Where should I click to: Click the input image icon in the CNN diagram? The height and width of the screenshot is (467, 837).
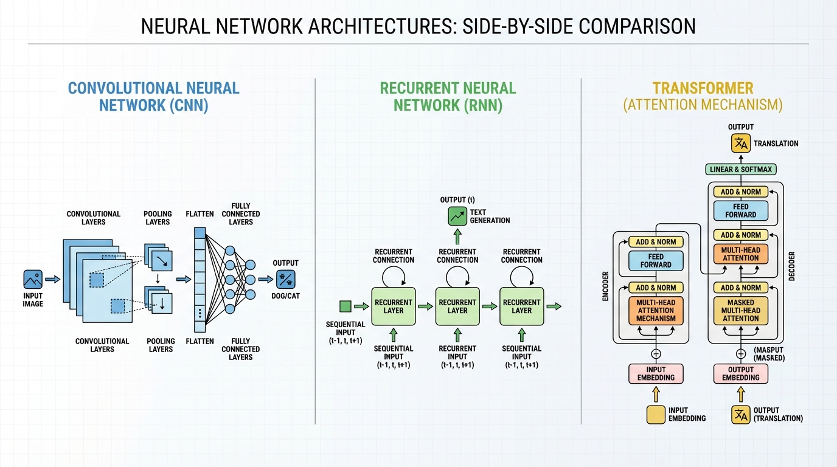click(33, 280)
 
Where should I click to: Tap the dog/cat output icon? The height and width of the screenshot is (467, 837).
click(285, 279)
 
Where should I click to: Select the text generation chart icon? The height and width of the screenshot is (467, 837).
click(457, 216)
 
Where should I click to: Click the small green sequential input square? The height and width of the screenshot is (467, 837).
click(346, 306)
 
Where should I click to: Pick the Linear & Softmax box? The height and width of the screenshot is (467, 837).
click(740, 169)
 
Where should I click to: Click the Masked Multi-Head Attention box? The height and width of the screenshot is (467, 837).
click(740, 310)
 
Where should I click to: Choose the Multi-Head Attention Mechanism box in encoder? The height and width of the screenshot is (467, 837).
click(656, 310)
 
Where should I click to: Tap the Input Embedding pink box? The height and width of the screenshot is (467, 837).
click(656, 373)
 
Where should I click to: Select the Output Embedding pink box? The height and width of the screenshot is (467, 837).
click(740, 373)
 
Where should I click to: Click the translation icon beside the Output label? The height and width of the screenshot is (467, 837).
click(740, 144)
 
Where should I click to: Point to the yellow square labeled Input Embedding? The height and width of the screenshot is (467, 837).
click(656, 415)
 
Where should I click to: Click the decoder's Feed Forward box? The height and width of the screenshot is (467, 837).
click(740, 211)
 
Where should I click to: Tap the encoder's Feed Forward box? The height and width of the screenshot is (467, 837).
click(656, 261)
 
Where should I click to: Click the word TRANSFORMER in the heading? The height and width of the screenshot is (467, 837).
click(703, 88)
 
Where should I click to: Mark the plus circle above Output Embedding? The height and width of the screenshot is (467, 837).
click(740, 353)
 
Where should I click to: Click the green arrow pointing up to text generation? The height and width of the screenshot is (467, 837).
click(457, 236)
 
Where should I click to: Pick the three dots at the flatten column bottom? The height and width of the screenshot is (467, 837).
click(200, 313)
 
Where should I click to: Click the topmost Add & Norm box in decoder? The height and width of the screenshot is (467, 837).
click(740, 192)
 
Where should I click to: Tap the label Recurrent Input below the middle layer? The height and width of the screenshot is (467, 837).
click(457, 353)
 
